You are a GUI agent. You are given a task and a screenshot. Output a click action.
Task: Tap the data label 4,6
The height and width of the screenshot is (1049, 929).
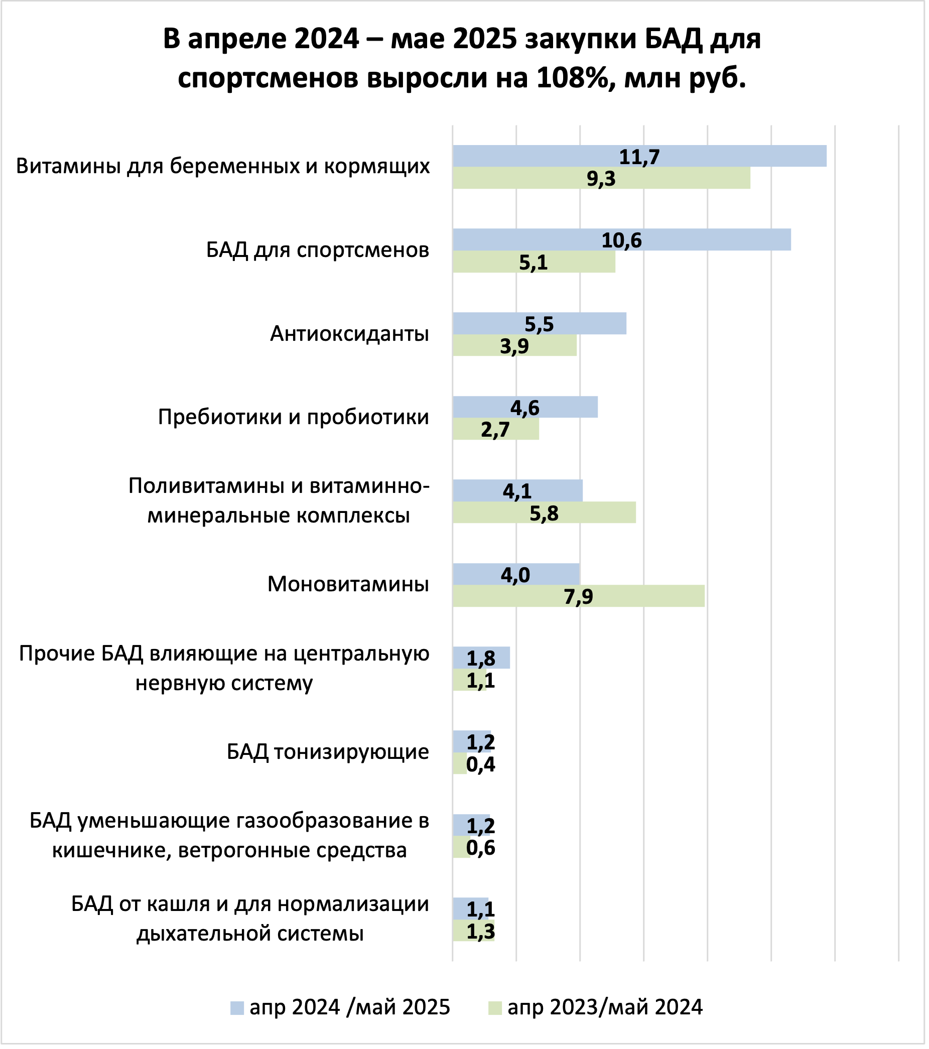[x=524, y=408]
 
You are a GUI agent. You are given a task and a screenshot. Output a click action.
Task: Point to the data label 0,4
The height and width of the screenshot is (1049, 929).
[x=480, y=765]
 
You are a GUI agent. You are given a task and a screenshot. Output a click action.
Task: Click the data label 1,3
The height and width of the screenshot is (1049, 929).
[x=480, y=932]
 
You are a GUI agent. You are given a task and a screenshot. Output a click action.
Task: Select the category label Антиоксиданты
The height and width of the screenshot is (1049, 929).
[x=349, y=334]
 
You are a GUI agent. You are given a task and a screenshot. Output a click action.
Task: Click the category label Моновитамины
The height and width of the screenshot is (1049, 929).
[x=348, y=585]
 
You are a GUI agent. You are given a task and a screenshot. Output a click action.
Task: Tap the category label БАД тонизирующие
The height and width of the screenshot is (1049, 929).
[x=328, y=752]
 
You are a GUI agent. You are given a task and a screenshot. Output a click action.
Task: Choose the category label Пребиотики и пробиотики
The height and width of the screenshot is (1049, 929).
[x=293, y=417]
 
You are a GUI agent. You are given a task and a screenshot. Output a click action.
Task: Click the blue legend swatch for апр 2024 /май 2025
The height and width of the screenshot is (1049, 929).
[x=237, y=1008]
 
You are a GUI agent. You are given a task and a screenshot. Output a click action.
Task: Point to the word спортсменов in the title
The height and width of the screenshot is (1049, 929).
[x=268, y=78]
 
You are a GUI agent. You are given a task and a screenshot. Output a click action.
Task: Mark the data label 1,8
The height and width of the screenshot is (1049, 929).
[x=480, y=659]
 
